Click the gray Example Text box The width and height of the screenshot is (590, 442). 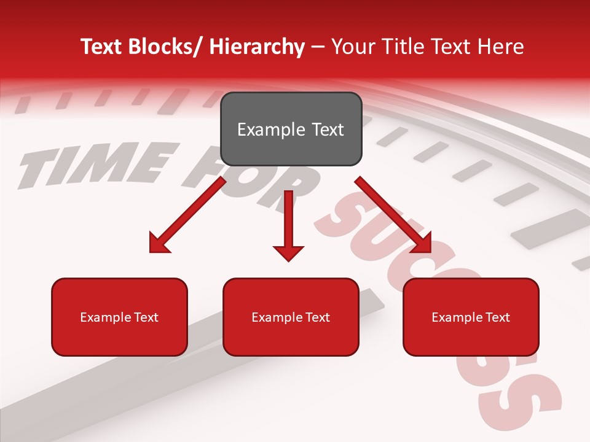[291, 129]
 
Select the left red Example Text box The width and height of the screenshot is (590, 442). [119, 317]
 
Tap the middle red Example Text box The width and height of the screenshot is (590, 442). [291, 317]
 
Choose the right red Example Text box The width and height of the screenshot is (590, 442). [471, 317]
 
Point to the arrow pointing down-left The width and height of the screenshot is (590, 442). [187, 215]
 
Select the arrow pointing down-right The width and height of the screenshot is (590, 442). [393, 215]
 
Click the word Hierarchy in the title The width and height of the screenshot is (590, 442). [257, 47]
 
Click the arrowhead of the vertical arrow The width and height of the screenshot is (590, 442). [288, 252]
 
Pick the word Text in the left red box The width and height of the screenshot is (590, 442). [146, 317]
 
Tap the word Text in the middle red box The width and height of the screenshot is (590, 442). [317, 317]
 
